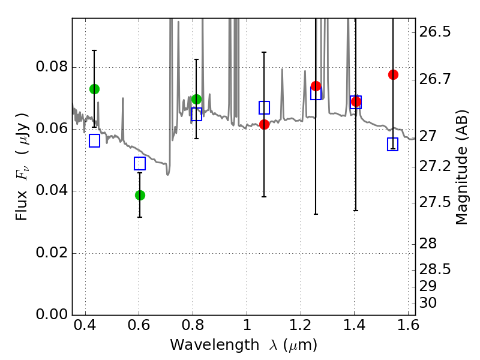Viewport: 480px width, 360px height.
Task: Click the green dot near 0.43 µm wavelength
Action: [94, 89]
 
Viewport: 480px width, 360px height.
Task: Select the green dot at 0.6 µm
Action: [140, 195]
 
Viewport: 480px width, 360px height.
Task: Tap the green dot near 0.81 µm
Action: [197, 99]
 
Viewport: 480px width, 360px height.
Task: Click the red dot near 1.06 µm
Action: [264, 124]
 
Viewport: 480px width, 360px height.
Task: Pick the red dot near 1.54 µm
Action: [393, 74]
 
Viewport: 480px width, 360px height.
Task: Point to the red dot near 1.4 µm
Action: [356, 101]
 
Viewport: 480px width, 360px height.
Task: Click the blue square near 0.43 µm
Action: [94, 141]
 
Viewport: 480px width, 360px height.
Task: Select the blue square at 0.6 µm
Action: [140, 163]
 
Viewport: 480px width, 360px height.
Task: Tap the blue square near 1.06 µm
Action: [264, 107]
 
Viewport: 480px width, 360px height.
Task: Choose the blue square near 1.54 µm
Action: [392, 144]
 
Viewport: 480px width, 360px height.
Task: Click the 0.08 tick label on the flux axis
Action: [52, 67]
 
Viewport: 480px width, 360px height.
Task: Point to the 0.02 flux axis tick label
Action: [52, 253]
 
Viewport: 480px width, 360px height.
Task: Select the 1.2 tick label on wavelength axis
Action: [301, 325]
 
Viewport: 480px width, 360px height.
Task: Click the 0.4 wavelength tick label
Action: [85, 325]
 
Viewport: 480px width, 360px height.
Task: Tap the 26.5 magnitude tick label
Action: [434, 32]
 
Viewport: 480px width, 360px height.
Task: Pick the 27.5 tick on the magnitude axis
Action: [434, 202]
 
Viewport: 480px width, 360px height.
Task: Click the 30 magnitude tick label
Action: [428, 303]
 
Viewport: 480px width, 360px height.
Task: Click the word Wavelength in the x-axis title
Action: [215, 345]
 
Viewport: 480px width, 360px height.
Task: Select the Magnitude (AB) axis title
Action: [461, 167]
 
